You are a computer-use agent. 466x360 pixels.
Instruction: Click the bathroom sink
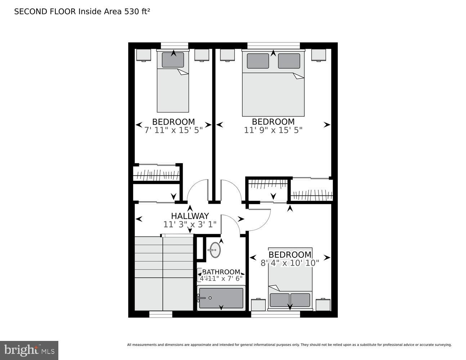tap(215, 249)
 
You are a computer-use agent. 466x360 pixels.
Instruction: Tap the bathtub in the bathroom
tap(221, 298)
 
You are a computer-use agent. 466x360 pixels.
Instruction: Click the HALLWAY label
tap(190, 216)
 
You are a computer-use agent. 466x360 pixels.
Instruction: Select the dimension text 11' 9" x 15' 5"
tap(273, 130)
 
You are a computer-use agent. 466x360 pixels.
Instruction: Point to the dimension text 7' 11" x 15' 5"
tap(174, 130)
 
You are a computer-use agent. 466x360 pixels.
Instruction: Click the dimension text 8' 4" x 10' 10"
tap(290, 263)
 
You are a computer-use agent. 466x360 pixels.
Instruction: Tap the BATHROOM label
tap(221, 272)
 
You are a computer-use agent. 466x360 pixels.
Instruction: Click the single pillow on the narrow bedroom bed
tap(173, 60)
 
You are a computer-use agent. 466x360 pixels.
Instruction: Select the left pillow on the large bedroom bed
tap(258, 61)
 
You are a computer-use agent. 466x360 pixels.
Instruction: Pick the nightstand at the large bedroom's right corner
tap(319, 55)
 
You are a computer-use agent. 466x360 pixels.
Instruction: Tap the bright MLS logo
tap(29, 350)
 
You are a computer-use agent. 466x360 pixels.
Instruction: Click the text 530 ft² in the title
tap(137, 12)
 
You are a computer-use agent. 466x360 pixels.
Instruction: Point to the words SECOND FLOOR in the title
tap(45, 12)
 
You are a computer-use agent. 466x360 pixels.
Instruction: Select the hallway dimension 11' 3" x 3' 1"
tap(190, 224)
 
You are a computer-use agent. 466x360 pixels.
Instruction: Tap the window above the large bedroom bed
tap(273, 45)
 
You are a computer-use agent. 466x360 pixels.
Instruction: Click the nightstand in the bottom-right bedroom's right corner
tap(323, 305)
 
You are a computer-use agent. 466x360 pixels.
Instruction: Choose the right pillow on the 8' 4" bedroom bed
tap(300, 300)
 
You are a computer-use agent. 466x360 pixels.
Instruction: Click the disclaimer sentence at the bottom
tap(289, 345)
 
